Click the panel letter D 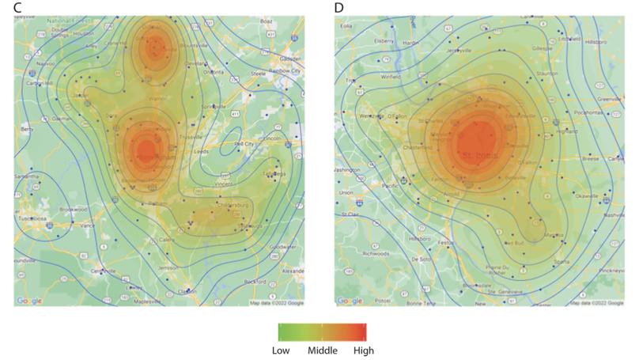pyautogui.click(x=339, y=7)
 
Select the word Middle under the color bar pyautogui.click(x=322, y=349)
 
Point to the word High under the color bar pyautogui.click(x=364, y=349)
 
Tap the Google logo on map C pyautogui.click(x=29, y=301)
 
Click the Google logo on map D pyautogui.click(x=349, y=301)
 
